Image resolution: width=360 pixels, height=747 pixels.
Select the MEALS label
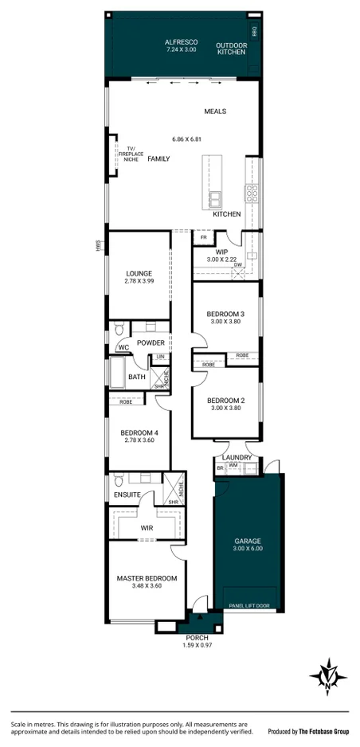(x=215, y=111)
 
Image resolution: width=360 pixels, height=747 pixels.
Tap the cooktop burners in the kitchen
(x=252, y=192)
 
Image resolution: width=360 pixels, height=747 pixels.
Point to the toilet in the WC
(x=119, y=329)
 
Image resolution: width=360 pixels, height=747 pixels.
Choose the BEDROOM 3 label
(x=225, y=314)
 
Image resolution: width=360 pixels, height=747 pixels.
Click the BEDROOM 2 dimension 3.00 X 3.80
(x=225, y=408)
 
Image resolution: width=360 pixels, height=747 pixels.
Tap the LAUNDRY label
(x=237, y=458)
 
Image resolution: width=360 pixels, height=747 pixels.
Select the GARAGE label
(x=247, y=541)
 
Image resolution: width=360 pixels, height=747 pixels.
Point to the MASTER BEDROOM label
(x=146, y=578)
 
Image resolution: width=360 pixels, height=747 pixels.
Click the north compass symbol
(x=328, y=676)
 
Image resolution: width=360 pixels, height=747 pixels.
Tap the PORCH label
(x=196, y=638)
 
